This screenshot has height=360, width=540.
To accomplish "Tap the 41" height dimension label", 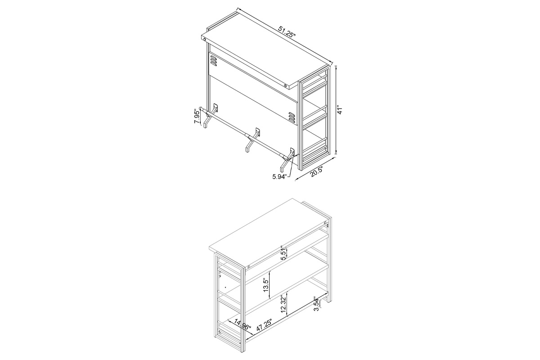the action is tap(340, 109).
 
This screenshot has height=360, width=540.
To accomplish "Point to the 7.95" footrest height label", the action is tap(197, 117).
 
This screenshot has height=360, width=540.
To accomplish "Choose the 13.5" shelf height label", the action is tap(266, 285).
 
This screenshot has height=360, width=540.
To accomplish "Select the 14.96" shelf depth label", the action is tap(243, 325).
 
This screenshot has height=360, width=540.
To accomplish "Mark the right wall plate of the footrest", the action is tap(292, 152).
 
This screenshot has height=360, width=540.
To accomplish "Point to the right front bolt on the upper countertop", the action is tap(285, 85).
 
